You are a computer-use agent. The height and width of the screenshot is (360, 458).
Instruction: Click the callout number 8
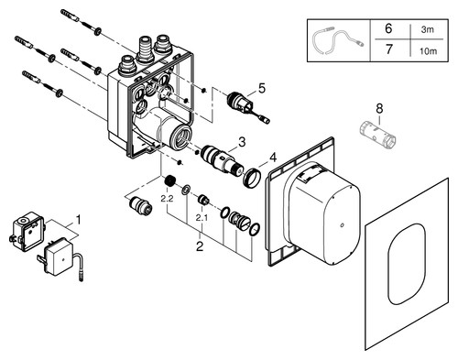point(379,108)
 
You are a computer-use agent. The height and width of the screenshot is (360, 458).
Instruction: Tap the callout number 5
point(262,88)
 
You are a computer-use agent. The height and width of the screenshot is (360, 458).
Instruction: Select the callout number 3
point(242,142)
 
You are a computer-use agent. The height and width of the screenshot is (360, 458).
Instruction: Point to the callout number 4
point(273,158)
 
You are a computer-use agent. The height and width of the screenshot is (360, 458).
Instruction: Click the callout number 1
point(79,220)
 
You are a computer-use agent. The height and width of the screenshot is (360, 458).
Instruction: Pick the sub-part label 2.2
point(167,199)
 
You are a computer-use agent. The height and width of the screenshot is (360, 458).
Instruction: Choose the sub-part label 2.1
point(202,218)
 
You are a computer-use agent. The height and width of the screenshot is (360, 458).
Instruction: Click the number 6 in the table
point(388,28)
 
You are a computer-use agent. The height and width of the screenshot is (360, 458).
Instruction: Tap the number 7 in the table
point(388,49)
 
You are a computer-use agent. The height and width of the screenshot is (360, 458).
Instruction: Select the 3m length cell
point(428,29)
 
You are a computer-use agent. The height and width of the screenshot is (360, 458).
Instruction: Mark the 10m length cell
point(428,51)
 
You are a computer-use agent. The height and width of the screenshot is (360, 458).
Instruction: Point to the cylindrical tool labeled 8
point(378,133)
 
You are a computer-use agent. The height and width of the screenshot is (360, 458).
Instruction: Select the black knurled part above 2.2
point(170,181)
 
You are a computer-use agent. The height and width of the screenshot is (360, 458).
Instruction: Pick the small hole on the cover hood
point(342,226)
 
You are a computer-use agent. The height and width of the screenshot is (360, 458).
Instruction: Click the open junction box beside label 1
point(28,231)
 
